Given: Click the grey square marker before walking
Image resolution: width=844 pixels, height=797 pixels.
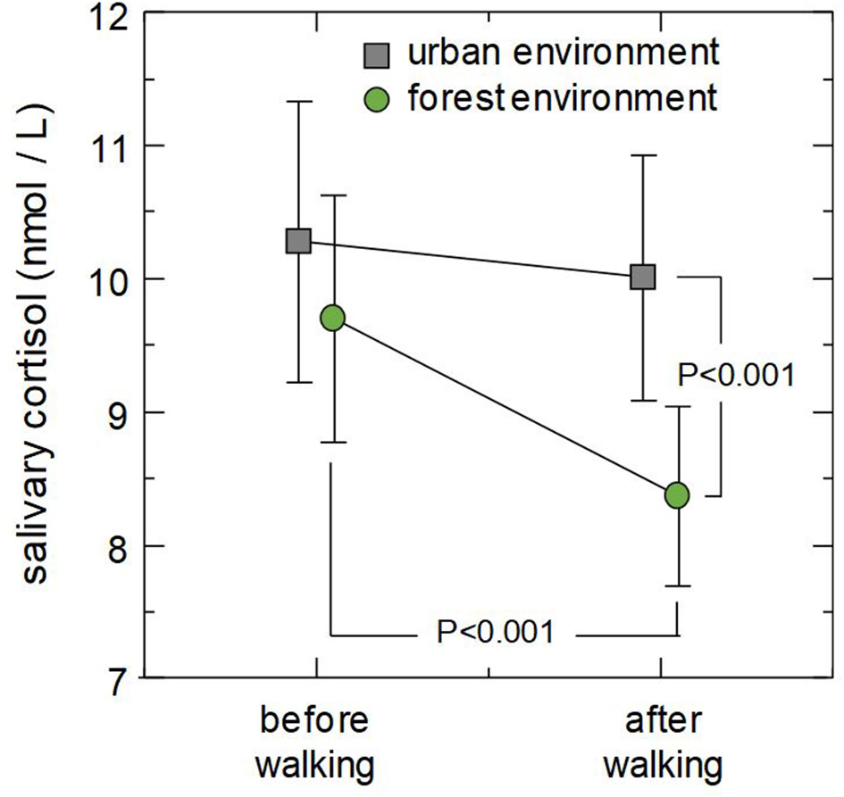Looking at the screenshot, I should pyautogui.click(x=298, y=241).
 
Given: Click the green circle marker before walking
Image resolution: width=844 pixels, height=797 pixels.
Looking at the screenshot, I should pyautogui.click(x=332, y=318).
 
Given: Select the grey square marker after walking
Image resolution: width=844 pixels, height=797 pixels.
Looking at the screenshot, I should pyautogui.click(x=643, y=278).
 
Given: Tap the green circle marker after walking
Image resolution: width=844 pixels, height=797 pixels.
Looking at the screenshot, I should pyautogui.click(x=677, y=495).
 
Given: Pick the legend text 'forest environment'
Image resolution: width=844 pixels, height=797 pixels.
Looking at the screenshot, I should pyautogui.click(x=563, y=97).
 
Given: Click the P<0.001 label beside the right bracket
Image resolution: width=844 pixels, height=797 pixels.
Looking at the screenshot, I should pyautogui.click(x=736, y=374).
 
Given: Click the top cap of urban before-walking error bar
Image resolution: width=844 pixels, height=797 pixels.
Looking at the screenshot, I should pyautogui.click(x=298, y=102).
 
